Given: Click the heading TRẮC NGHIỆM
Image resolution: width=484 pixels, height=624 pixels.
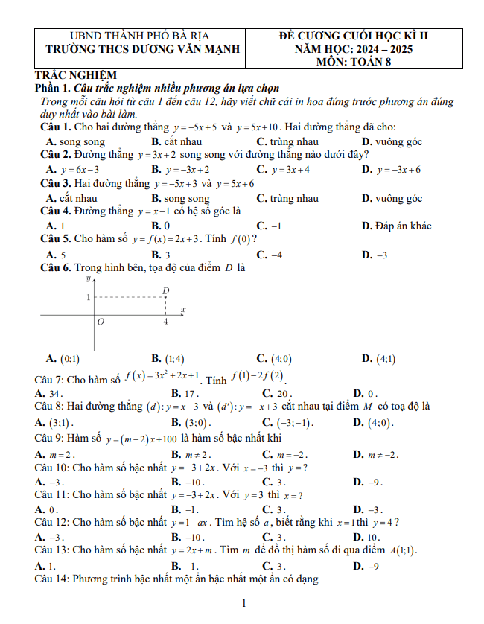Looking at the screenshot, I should pyautogui.click(x=77, y=74).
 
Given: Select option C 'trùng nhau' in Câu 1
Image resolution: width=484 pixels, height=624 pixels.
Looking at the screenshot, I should pyautogui.click(x=287, y=141).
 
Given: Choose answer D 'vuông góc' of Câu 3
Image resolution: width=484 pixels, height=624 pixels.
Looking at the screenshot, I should pyautogui.click(x=392, y=199).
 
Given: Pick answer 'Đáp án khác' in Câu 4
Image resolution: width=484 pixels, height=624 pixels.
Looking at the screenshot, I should pyautogui.click(x=395, y=226).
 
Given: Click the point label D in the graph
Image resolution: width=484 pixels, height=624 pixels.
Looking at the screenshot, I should pyautogui.click(x=166, y=290).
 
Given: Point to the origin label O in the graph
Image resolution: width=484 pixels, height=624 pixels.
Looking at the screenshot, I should pyautogui.click(x=101, y=322).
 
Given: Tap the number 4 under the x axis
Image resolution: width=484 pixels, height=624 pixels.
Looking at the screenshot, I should pyautogui.click(x=165, y=322).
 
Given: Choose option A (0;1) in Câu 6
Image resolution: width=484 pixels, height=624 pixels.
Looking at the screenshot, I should pyautogui.click(x=64, y=357).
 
